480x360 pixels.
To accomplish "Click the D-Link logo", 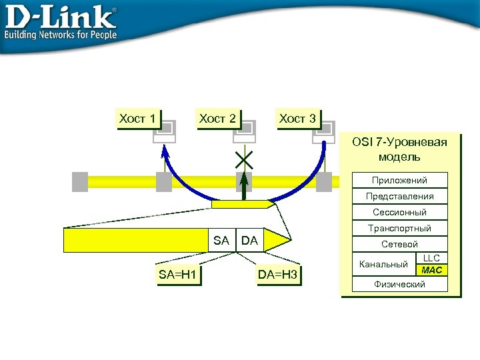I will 61,16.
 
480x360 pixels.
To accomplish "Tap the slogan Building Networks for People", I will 61,35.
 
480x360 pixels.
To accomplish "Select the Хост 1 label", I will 137,119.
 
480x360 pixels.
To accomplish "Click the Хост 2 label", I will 217,119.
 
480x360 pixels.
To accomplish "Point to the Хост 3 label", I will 297,119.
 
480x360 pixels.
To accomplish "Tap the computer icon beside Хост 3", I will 325,131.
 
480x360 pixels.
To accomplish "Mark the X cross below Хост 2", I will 244,159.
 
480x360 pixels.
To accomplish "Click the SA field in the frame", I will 221,240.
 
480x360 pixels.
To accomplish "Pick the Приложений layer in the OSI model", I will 399,180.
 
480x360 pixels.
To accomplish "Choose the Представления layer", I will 399,196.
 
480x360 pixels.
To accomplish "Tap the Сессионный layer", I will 399,212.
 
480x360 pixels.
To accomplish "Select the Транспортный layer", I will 399,228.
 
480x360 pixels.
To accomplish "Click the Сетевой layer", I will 399,244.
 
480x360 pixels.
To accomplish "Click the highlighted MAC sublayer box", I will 431,270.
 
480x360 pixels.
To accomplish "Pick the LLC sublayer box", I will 431,258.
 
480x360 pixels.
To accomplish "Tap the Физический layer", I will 399,284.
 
